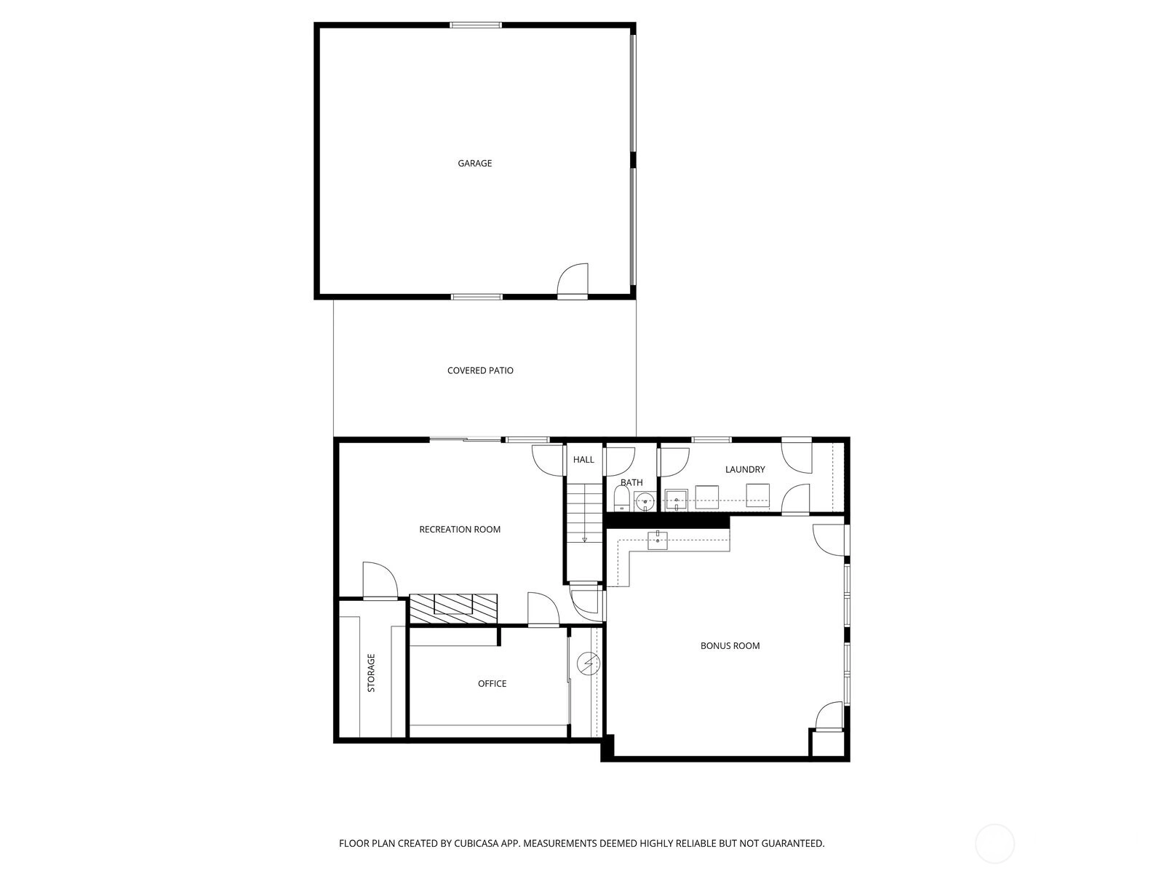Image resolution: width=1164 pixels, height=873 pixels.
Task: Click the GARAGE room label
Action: pyautogui.click(x=474, y=163)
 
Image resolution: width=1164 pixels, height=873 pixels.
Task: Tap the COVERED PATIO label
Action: pyautogui.click(x=480, y=370)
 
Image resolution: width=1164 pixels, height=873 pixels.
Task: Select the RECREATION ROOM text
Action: pyautogui.click(x=460, y=529)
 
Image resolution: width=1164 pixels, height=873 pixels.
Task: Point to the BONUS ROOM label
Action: pyautogui.click(x=730, y=645)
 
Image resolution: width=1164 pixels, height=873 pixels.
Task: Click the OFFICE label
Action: pyautogui.click(x=492, y=684)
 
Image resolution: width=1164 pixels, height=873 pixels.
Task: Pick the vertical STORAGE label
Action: pyautogui.click(x=371, y=673)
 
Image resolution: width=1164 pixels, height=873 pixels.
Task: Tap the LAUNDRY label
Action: pyautogui.click(x=745, y=469)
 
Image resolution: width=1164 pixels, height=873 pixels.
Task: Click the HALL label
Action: pyautogui.click(x=583, y=460)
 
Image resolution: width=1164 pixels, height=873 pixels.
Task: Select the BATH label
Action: pyautogui.click(x=631, y=482)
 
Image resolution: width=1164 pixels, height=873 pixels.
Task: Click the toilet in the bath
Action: pyautogui.click(x=621, y=499)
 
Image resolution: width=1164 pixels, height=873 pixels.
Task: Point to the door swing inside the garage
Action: pyautogui.click(x=573, y=280)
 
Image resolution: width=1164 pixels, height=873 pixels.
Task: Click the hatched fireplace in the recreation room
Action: pyautogui.click(x=453, y=608)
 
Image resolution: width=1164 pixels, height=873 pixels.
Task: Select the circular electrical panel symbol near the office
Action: pyautogui.click(x=588, y=663)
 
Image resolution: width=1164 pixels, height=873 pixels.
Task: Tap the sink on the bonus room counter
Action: pyautogui.click(x=658, y=541)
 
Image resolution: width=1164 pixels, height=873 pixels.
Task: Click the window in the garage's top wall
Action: pyautogui.click(x=476, y=25)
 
